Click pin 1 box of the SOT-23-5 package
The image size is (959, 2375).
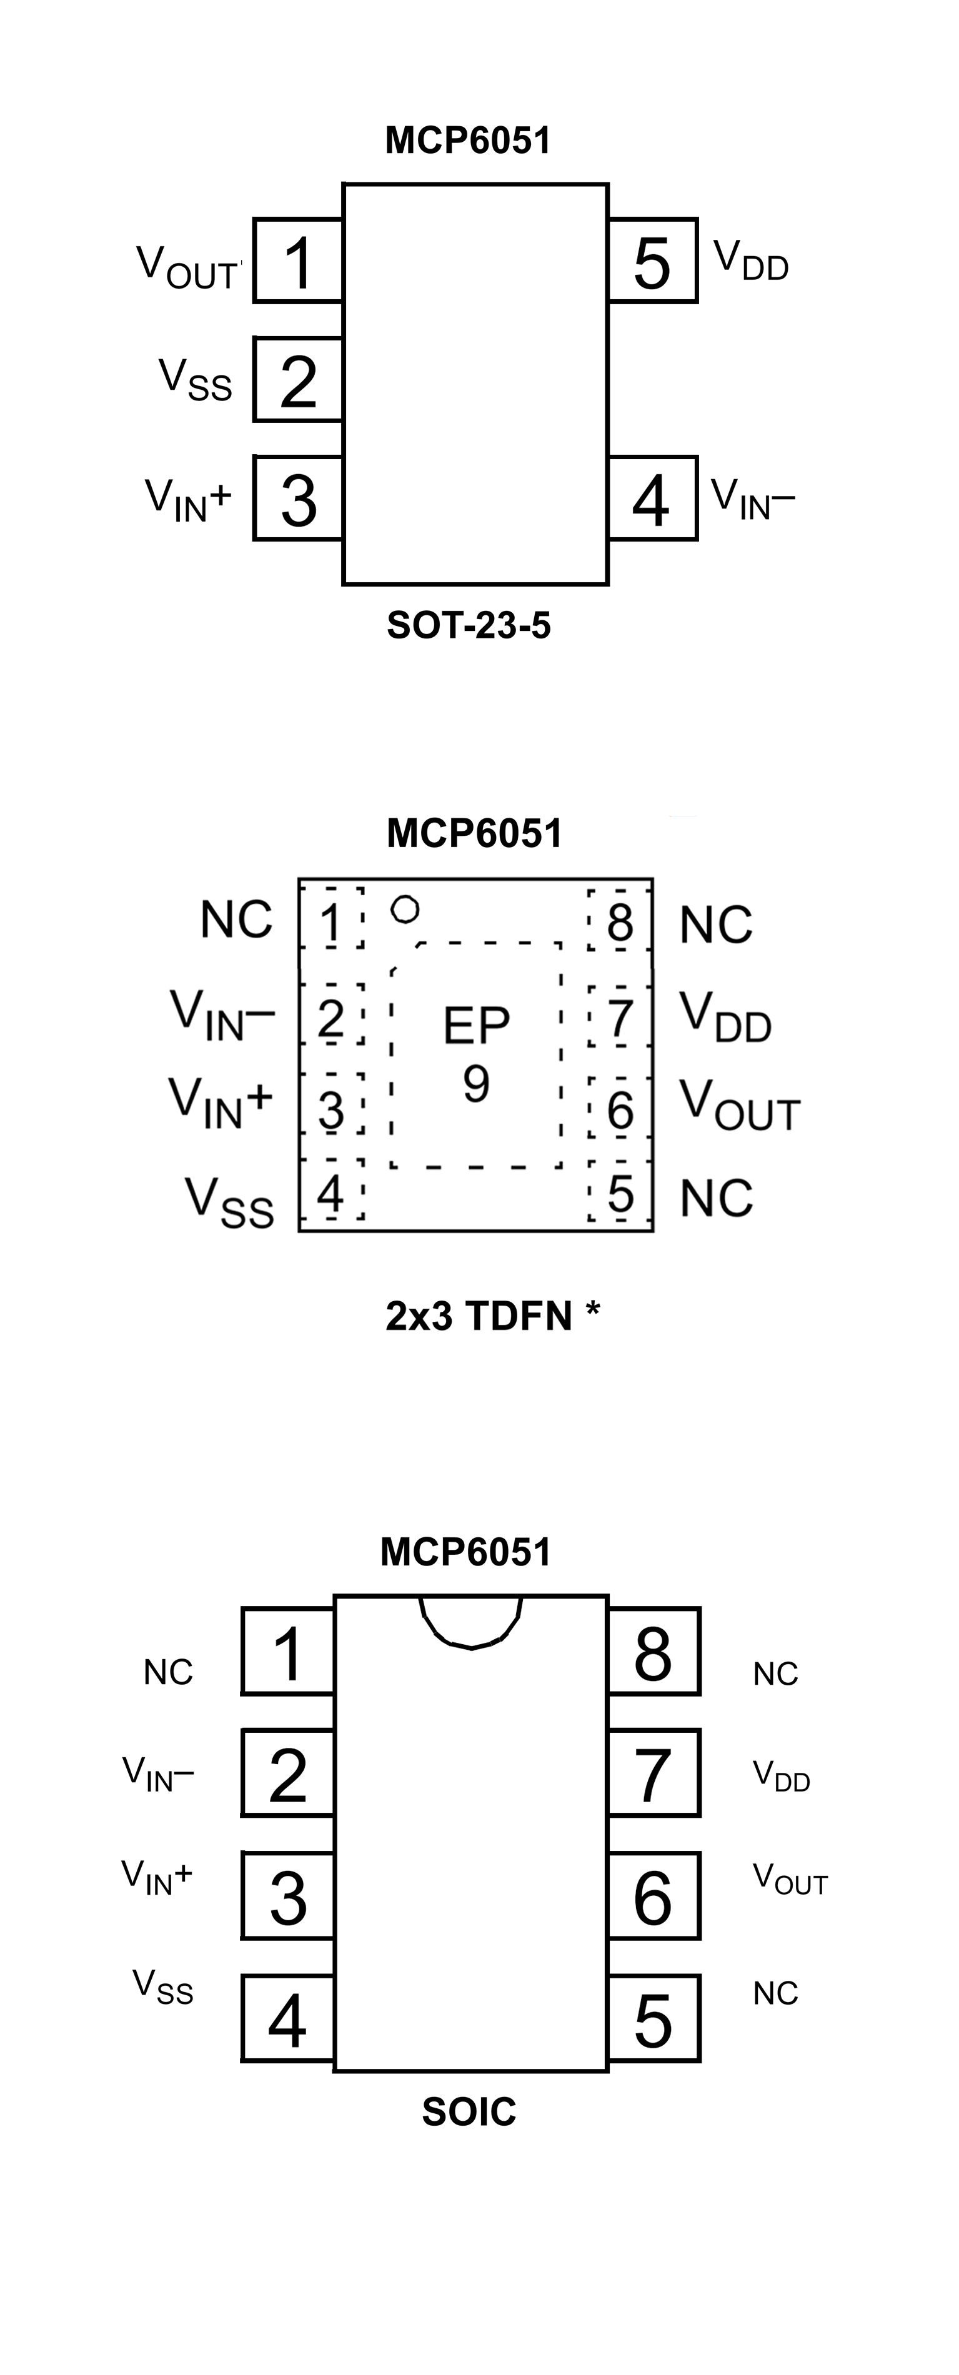tap(298, 261)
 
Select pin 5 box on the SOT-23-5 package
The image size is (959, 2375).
tap(652, 261)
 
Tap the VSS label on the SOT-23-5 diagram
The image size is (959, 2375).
tap(196, 379)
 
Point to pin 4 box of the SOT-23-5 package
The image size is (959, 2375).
tap(652, 498)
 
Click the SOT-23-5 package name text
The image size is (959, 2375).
tap(469, 626)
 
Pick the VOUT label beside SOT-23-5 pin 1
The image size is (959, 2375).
tap(187, 267)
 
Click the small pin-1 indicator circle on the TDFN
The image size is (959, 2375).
tap(405, 910)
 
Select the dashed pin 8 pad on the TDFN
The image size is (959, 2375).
tap(620, 920)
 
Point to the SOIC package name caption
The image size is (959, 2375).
tap(469, 2111)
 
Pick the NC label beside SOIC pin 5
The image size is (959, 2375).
tap(775, 1993)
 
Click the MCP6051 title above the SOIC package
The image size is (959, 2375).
tap(465, 1552)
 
